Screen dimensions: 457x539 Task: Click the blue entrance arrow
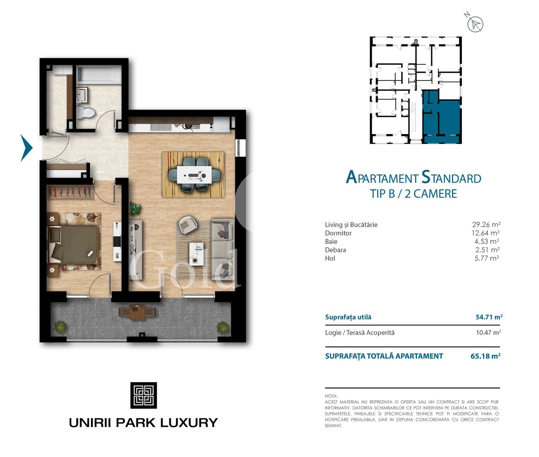pos(26,148)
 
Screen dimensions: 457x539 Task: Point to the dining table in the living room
pos(194,174)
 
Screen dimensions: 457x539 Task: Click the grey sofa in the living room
pos(222,250)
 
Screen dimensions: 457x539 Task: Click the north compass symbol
pos(475,24)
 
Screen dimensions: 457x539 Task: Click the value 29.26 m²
pos(486,225)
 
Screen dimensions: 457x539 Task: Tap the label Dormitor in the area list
pos(338,233)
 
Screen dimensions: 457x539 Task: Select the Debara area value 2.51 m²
pos(487,250)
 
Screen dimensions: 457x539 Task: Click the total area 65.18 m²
pos(485,356)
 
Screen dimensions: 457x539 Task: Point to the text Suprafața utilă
pos(348,317)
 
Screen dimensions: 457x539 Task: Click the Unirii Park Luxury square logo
pos(143,395)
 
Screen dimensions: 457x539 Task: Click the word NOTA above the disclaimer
pos(331,396)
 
